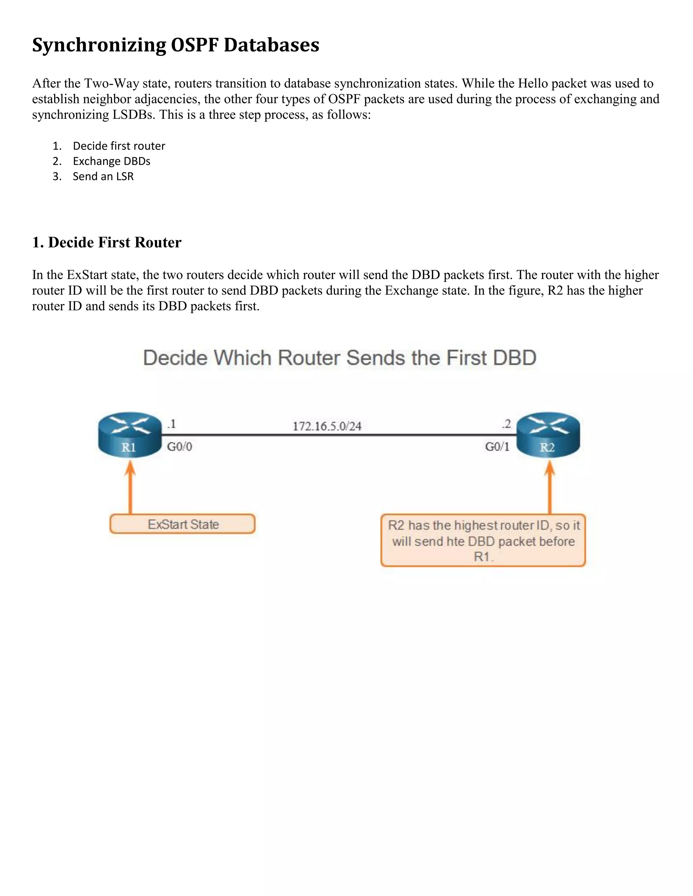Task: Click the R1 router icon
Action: point(130,434)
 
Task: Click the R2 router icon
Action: point(548,434)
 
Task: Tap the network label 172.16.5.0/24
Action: point(327,426)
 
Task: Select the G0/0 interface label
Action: point(179,446)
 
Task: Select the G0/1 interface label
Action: point(497,446)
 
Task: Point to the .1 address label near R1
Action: point(171,424)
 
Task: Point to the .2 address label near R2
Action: point(507,424)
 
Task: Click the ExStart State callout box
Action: point(183,524)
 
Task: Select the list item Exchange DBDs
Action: point(112,161)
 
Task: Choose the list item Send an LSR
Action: point(103,176)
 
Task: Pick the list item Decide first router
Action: point(119,146)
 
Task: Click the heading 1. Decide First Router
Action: point(107,242)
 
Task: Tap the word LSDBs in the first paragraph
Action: point(134,115)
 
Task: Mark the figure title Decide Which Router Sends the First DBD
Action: point(339,358)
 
